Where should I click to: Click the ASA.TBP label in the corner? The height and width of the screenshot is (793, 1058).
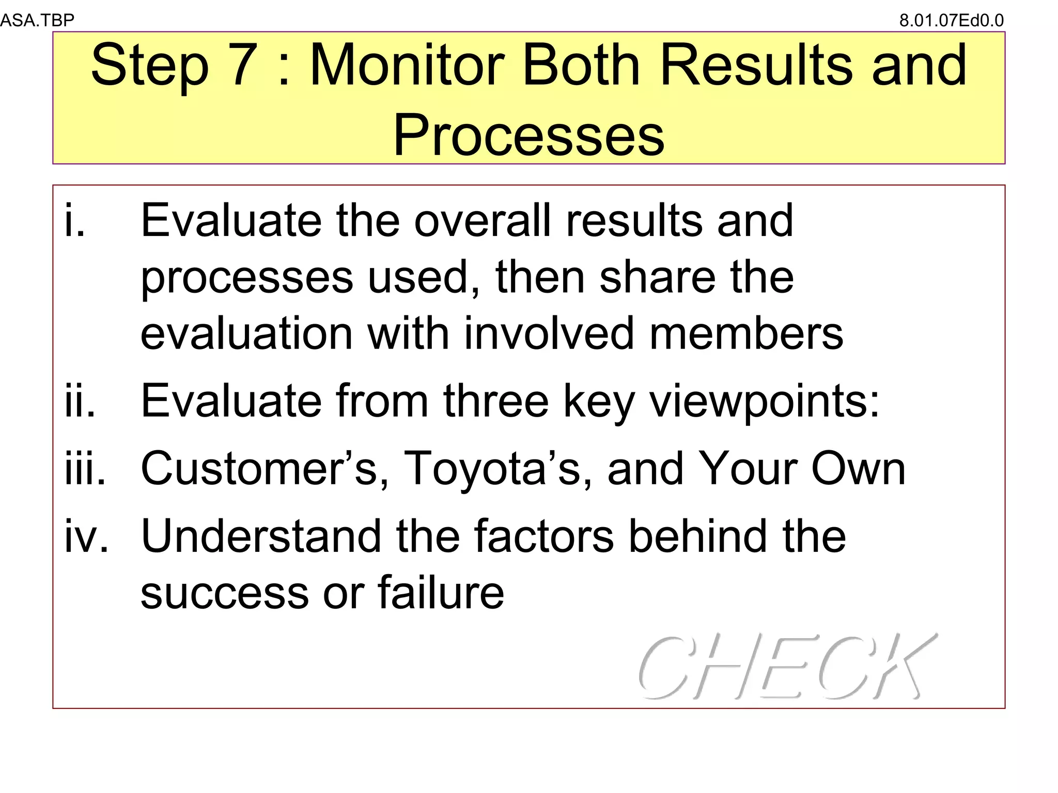click(37, 20)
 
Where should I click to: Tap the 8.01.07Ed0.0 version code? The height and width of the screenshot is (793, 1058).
click(952, 20)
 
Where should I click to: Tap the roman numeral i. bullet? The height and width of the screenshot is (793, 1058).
click(74, 220)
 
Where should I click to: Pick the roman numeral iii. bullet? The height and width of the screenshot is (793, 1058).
click(85, 468)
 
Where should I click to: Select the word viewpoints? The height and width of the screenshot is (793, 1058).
click(764, 402)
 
